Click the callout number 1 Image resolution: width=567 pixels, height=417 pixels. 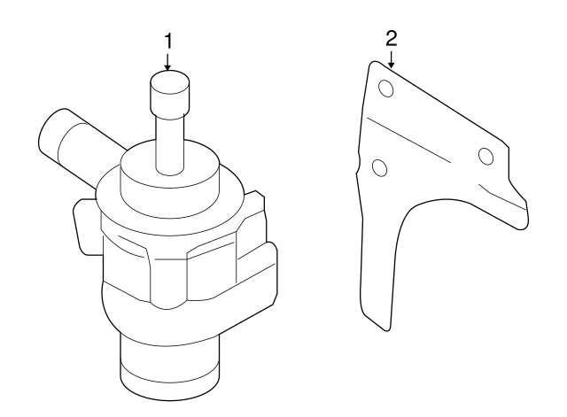(167, 42)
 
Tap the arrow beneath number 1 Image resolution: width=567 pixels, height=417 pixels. (167, 62)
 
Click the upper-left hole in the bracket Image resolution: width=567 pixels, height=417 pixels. (385, 88)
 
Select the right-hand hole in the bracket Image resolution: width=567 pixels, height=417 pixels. (485, 157)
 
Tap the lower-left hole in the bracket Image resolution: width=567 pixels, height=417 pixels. (378, 166)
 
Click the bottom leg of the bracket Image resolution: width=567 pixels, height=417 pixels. (379, 283)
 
